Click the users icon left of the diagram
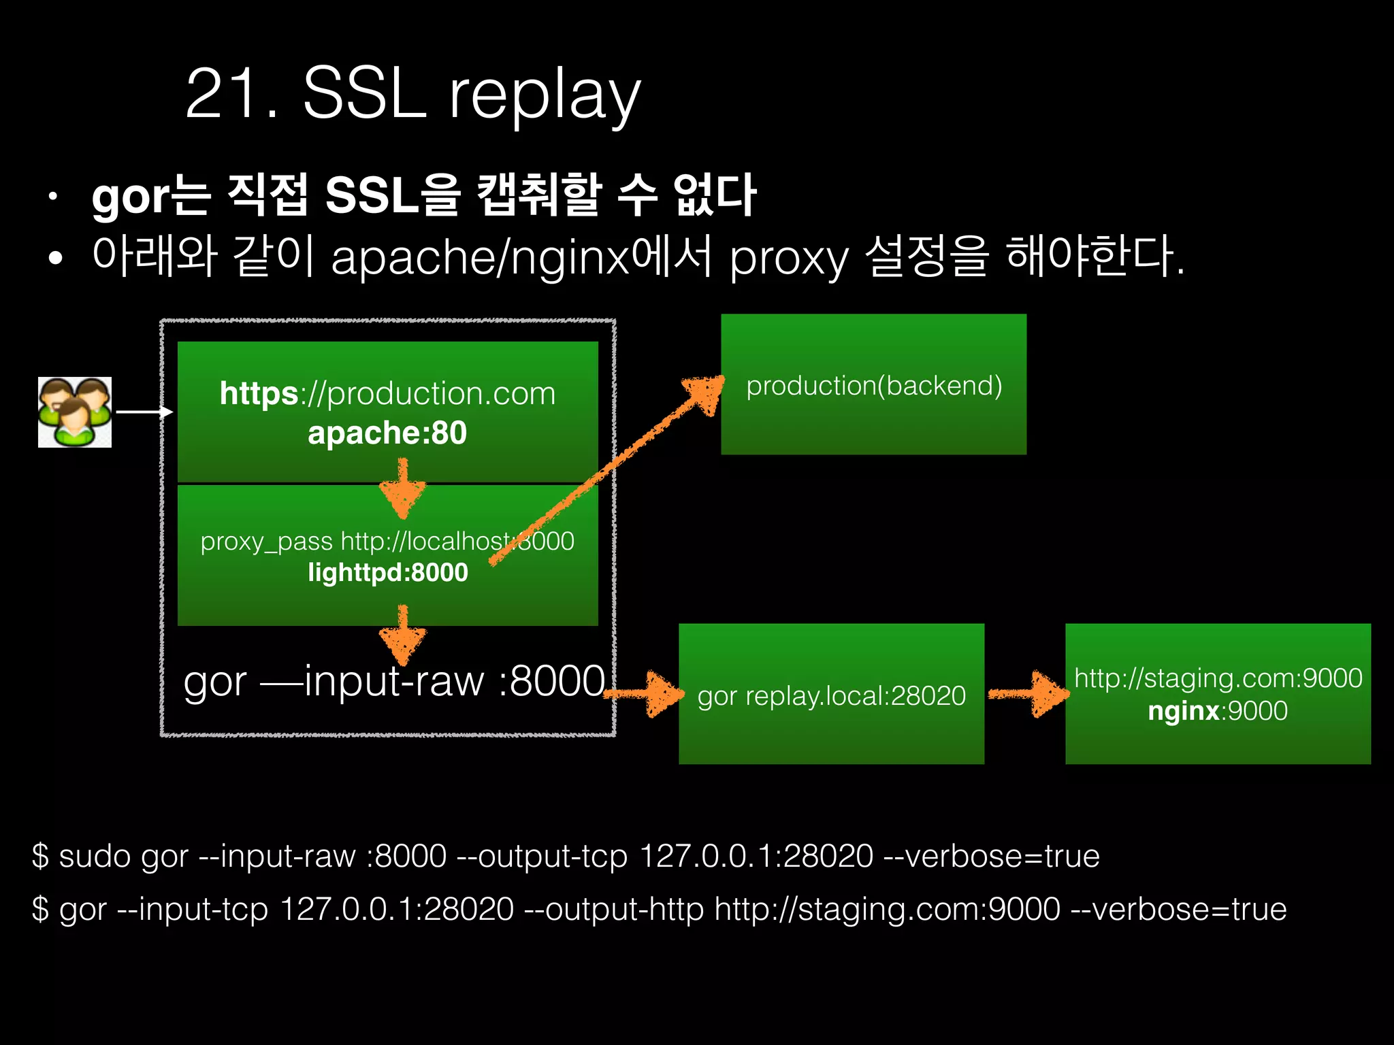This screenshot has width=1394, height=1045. [75, 412]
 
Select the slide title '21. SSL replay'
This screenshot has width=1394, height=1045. [412, 94]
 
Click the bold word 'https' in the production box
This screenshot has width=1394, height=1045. [259, 393]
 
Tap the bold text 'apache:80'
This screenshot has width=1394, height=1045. [387, 433]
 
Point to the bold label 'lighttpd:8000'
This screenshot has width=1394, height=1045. [388, 573]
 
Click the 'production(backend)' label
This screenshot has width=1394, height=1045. [874, 386]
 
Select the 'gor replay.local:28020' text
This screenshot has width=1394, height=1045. [831, 696]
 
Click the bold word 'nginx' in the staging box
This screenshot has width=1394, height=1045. [1184, 711]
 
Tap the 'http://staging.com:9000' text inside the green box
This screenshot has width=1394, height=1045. [1218, 678]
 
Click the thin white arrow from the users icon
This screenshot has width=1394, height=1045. [144, 412]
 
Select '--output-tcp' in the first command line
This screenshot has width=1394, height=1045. [542, 856]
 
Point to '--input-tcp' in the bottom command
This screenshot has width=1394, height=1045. [193, 909]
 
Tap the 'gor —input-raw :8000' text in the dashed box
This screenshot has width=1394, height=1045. [394, 681]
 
